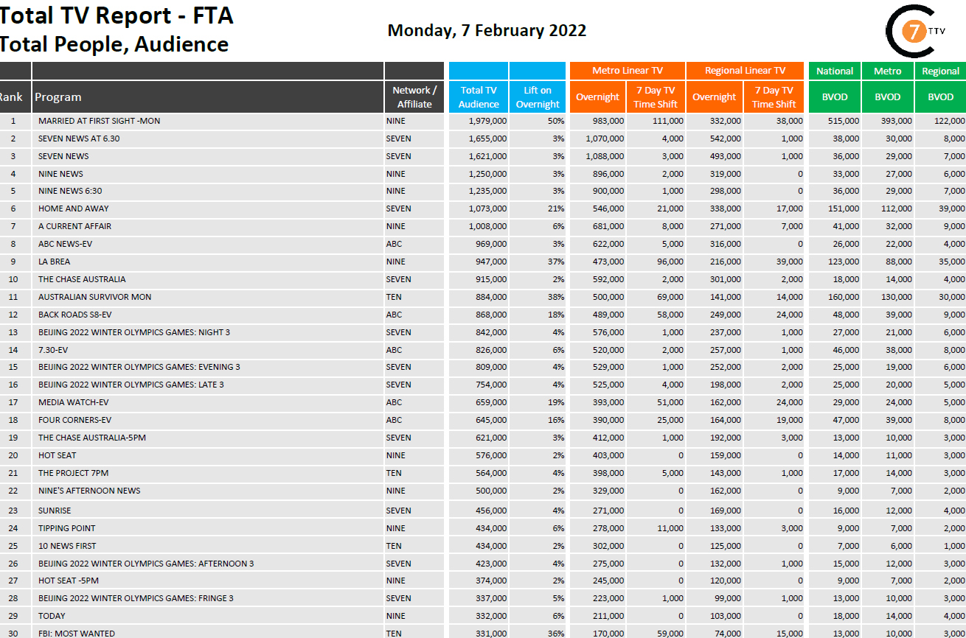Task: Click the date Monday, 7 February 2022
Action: (487, 30)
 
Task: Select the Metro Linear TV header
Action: (627, 71)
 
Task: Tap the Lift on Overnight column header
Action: (538, 97)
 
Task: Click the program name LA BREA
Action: (55, 262)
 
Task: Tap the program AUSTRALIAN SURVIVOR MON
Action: (94, 297)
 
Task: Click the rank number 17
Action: (13, 402)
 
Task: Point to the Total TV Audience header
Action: (479, 97)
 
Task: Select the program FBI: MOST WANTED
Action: (77, 634)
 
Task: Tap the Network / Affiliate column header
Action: (414, 97)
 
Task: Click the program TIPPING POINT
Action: (67, 528)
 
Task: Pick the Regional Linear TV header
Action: (744, 71)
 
